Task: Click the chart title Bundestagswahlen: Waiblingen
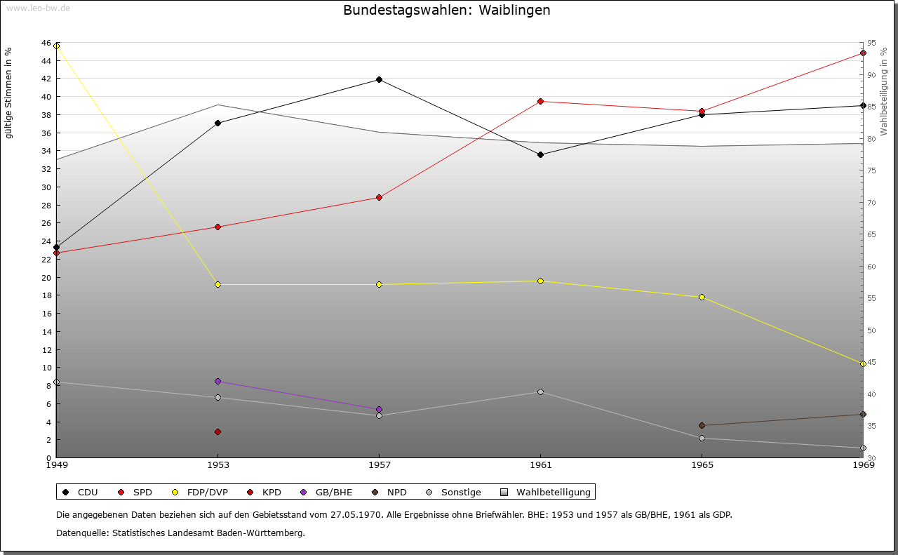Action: pos(447,11)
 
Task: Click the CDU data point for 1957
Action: pos(379,80)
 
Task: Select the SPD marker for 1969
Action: pos(863,53)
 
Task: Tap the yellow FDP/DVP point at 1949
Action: pos(57,46)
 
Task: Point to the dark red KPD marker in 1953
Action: pos(217,432)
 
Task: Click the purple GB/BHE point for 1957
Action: pos(379,410)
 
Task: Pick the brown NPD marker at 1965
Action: pos(702,426)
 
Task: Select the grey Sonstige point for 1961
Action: pos(540,392)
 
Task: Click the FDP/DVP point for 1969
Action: pos(863,364)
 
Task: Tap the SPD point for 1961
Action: pos(540,102)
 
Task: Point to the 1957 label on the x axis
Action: pos(380,464)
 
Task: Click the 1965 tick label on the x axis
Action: pos(702,464)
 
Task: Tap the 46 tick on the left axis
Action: pos(46,44)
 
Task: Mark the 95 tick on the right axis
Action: pos(871,44)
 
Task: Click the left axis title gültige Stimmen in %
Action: pos(9,93)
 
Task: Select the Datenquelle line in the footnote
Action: pos(180,533)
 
